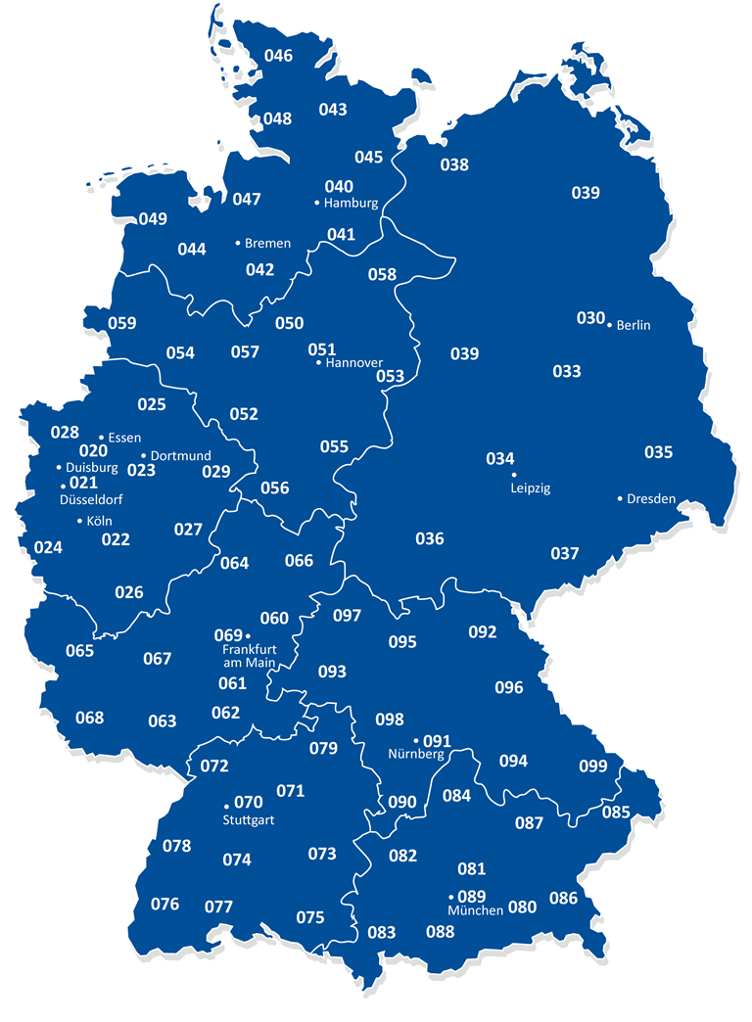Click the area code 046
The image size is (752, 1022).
click(x=278, y=55)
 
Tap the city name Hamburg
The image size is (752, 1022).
click(x=352, y=204)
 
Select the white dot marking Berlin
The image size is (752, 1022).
click(x=609, y=324)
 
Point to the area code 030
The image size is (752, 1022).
click(x=590, y=318)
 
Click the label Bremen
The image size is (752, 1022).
click(x=267, y=243)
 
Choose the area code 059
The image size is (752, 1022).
click(x=122, y=323)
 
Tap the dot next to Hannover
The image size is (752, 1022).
click(x=318, y=363)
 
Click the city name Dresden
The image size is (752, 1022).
click(x=651, y=498)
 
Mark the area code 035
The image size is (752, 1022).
click(x=658, y=451)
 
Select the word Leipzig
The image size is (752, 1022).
click(x=531, y=487)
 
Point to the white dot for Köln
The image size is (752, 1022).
click(x=80, y=521)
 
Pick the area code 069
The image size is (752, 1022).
click(x=227, y=635)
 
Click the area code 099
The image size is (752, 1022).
click(x=592, y=766)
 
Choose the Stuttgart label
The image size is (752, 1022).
click(x=249, y=820)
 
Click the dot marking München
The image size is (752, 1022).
click(x=451, y=897)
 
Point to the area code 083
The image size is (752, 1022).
click(x=382, y=933)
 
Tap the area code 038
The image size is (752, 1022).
click(x=453, y=164)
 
